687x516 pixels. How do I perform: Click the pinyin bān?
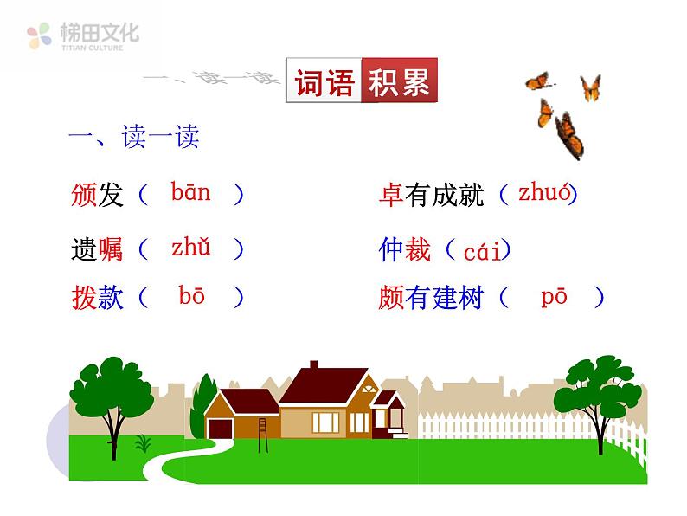[x=190, y=192]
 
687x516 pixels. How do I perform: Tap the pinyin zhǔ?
[x=190, y=248]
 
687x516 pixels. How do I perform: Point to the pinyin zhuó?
[x=544, y=193]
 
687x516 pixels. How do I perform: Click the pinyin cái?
[x=482, y=252]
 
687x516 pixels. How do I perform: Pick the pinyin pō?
[x=554, y=297]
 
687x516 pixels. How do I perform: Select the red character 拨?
[x=84, y=298]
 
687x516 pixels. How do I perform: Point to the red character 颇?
[x=391, y=299]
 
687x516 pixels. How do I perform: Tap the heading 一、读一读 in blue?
[x=134, y=138]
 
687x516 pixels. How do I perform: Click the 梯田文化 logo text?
[x=100, y=33]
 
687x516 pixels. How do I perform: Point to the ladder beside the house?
[x=261, y=428]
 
